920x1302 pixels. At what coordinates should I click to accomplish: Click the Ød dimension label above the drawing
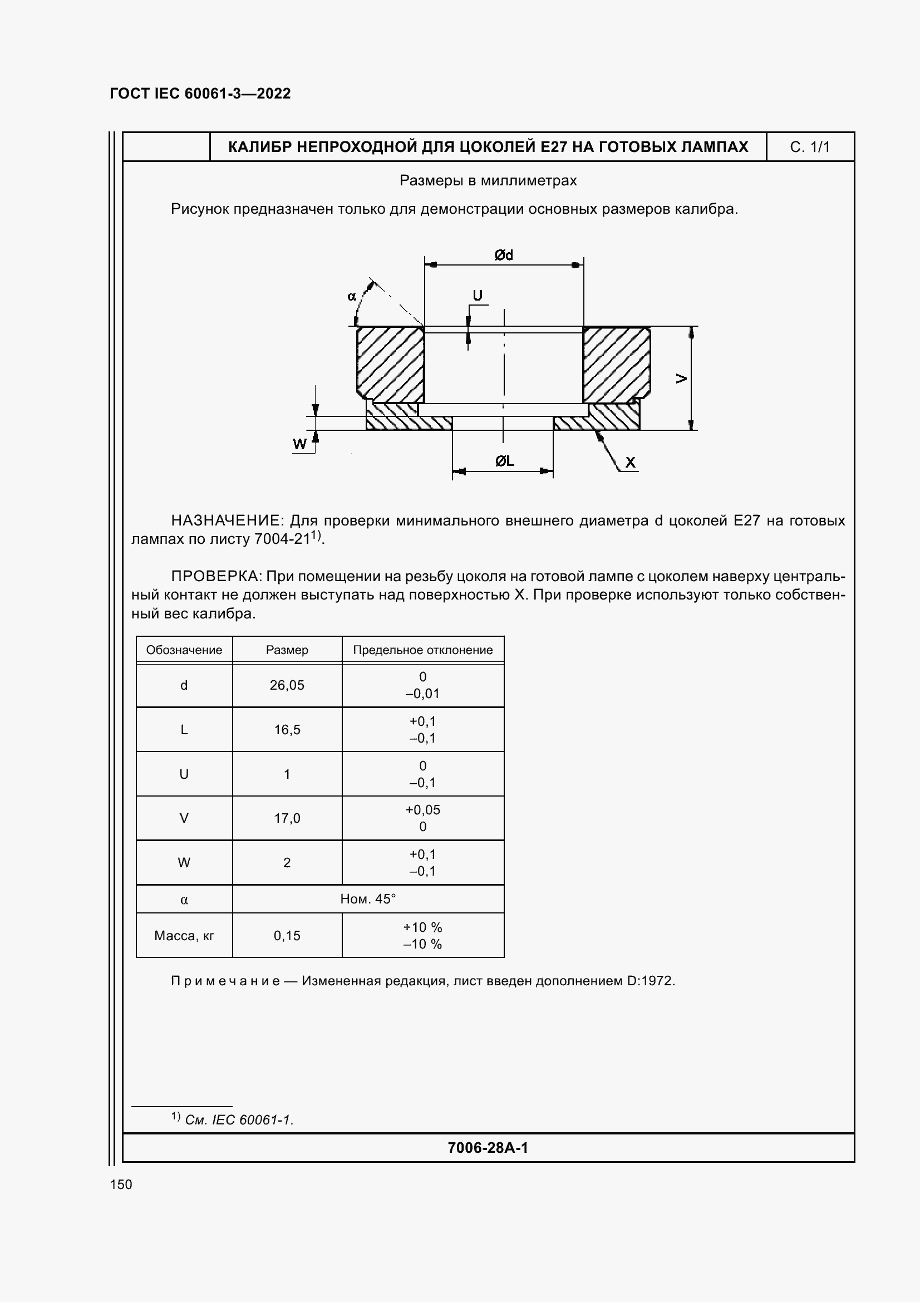point(503,255)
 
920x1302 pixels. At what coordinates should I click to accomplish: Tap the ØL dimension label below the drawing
point(504,461)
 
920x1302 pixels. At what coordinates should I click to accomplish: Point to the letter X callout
point(630,463)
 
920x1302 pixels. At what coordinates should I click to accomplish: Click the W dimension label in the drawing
point(299,444)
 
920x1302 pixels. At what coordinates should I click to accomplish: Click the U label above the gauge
point(478,296)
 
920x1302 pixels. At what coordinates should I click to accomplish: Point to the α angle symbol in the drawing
point(351,296)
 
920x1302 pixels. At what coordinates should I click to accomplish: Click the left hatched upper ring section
point(391,363)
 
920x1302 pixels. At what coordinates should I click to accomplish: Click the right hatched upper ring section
point(616,363)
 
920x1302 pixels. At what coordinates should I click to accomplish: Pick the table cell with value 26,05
point(287,685)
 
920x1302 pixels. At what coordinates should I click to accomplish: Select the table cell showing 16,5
point(287,730)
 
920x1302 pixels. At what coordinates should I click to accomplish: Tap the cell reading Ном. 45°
point(367,899)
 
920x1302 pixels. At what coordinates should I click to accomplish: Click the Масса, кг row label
point(184,936)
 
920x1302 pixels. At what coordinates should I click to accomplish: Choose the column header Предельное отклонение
point(423,650)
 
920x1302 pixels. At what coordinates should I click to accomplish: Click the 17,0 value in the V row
point(287,818)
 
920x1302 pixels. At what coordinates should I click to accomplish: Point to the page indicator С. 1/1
point(809,147)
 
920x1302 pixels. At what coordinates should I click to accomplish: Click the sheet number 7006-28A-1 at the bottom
point(488,1148)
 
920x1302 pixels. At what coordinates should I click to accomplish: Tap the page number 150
point(121,1184)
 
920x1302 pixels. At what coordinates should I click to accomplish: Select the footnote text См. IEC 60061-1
point(239,1119)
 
